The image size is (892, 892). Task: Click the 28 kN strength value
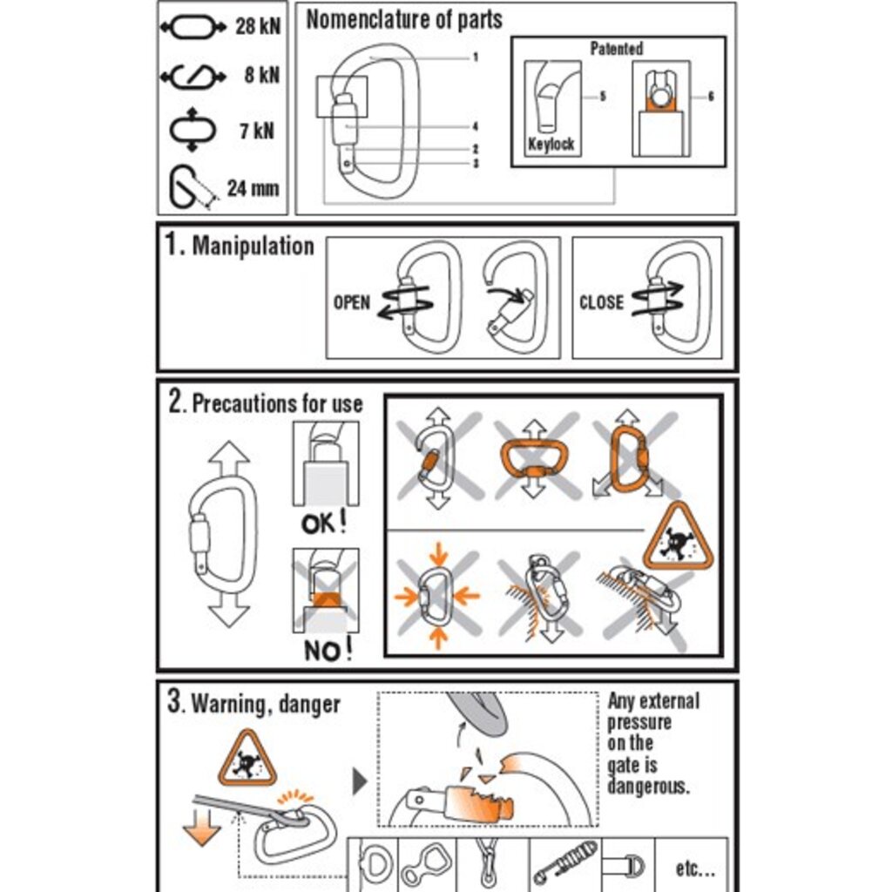[x=258, y=26]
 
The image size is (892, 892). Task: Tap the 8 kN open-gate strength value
[x=261, y=75]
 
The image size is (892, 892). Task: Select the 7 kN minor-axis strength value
[x=257, y=131]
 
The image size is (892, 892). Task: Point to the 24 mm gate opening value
[x=253, y=188]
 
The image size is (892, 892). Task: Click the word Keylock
[x=551, y=144]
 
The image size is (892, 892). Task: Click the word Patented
[x=617, y=49]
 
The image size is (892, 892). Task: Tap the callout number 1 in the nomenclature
[x=475, y=57]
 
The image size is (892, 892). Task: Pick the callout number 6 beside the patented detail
[x=711, y=97]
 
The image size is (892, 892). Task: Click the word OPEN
[x=352, y=302]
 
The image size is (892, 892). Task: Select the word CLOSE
[x=601, y=302]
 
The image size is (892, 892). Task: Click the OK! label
[x=324, y=524]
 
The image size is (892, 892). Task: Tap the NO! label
[x=328, y=650]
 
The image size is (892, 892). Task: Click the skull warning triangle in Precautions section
[x=678, y=539]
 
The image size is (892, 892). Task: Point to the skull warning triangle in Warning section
[x=247, y=760]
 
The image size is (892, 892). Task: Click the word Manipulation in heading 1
[x=253, y=247]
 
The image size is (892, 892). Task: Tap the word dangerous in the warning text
[x=648, y=786]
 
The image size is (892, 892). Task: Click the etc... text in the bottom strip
[x=695, y=868]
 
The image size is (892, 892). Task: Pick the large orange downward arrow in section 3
[x=202, y=828]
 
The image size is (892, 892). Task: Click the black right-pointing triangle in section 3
[x=360, y=781]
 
